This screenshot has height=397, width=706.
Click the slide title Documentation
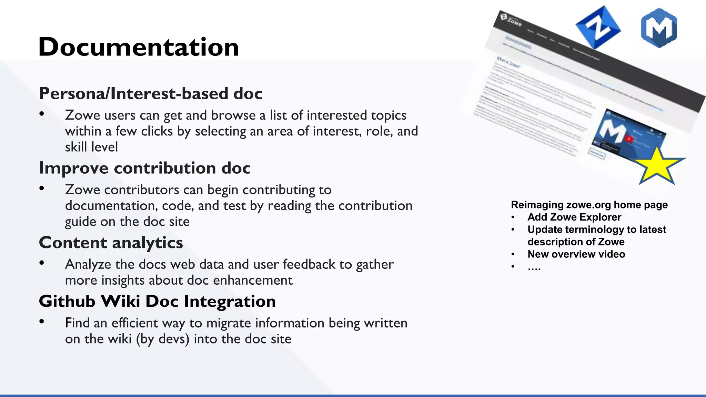139,47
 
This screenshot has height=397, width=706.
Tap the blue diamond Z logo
598,28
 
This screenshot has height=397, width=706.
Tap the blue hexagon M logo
659,28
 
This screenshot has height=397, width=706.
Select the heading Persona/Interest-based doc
151,93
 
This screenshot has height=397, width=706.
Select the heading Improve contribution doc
144,168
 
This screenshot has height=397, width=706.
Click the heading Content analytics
111,242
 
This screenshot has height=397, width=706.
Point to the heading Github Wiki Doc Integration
157,301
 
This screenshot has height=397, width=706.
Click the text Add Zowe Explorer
574,217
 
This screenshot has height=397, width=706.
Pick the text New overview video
576,254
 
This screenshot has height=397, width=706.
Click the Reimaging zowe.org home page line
589,205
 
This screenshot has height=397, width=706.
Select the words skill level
91,147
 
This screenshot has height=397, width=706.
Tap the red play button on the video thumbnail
629,139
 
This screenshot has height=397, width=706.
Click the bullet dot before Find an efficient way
42,322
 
